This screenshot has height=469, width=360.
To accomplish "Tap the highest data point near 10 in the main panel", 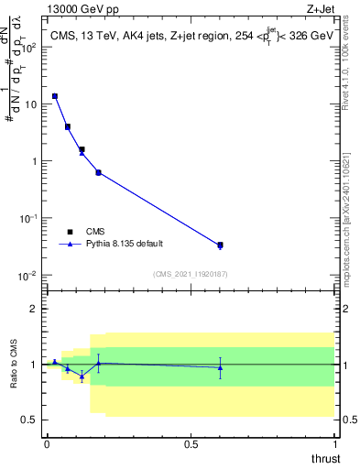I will [55, 96].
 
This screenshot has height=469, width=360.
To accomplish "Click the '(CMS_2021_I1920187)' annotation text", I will [191, 274].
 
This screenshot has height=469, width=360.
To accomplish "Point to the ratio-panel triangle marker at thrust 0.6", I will [220, 367].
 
